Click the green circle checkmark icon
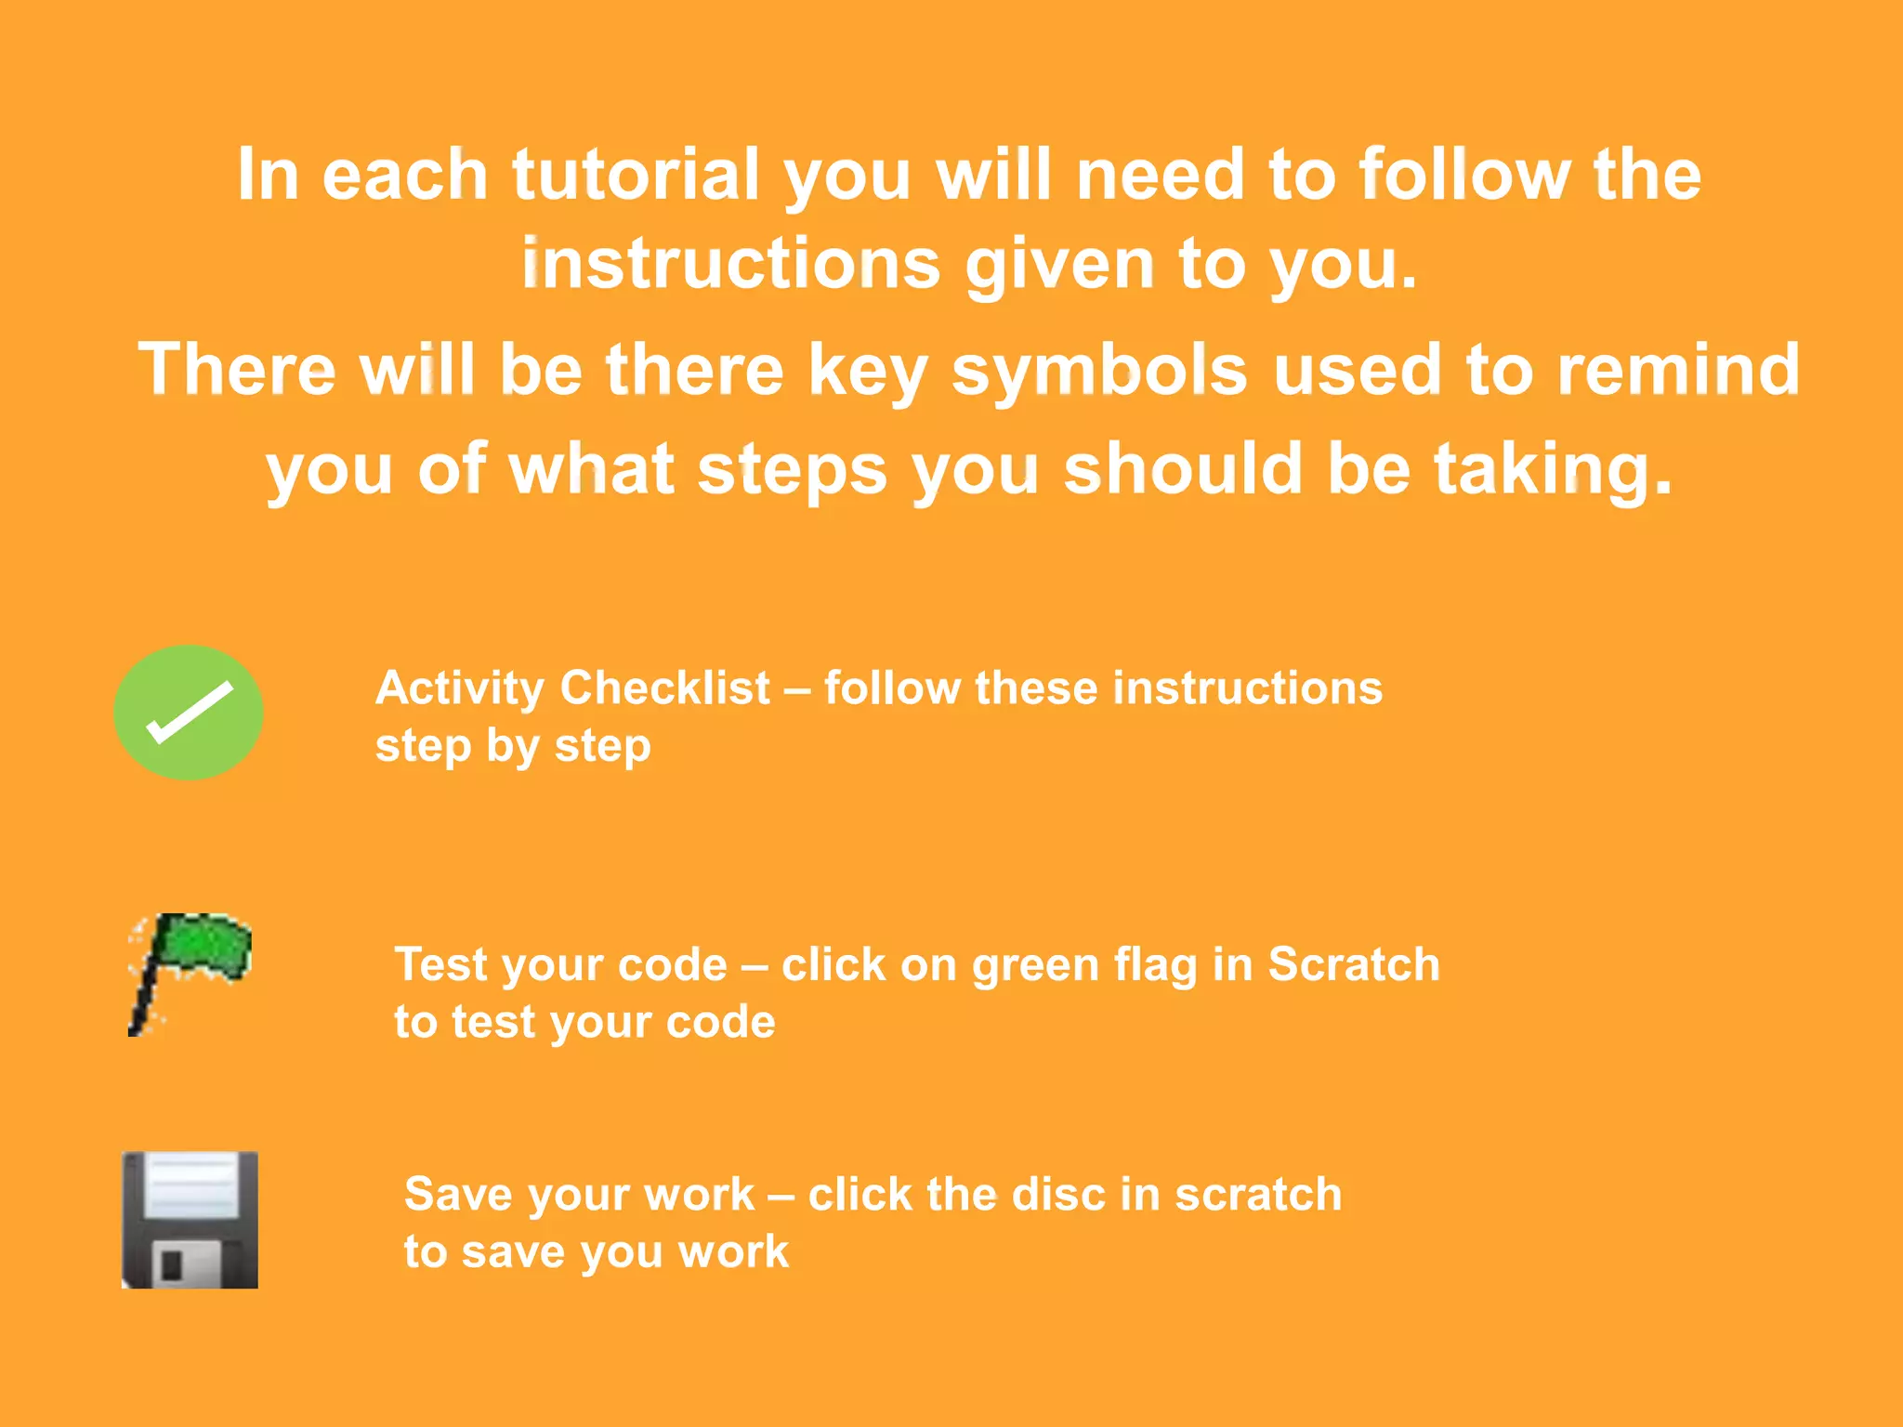189,713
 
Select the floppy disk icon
190,1219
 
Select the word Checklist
665,688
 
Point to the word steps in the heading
792,470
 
